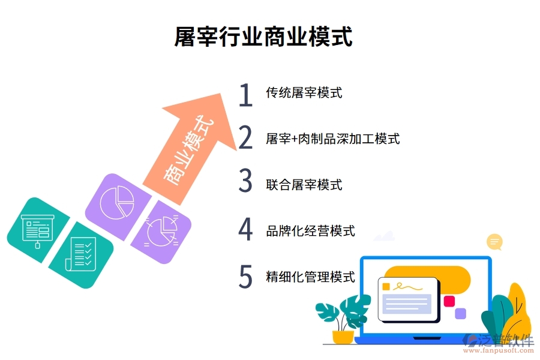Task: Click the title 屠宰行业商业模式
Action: tap(263, 36)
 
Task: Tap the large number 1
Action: tap(245, 95)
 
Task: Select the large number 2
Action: tap(245, 139)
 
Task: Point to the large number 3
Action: tap(245, 182)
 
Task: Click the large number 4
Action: tap(245, 229)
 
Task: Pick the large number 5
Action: tap(245, 276)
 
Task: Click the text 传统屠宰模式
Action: tap(304, 92)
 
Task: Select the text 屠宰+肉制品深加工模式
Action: tap(332, 139)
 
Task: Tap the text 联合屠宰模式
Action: tap(304, 185)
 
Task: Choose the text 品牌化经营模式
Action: tap(310, 230)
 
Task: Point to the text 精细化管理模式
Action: tap(310, 277)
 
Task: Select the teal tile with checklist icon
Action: tap(81, 254)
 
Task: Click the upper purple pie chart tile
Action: tap(117, 202)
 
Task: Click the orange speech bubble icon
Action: tap(495, 242)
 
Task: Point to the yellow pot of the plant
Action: tap(343, 337)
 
